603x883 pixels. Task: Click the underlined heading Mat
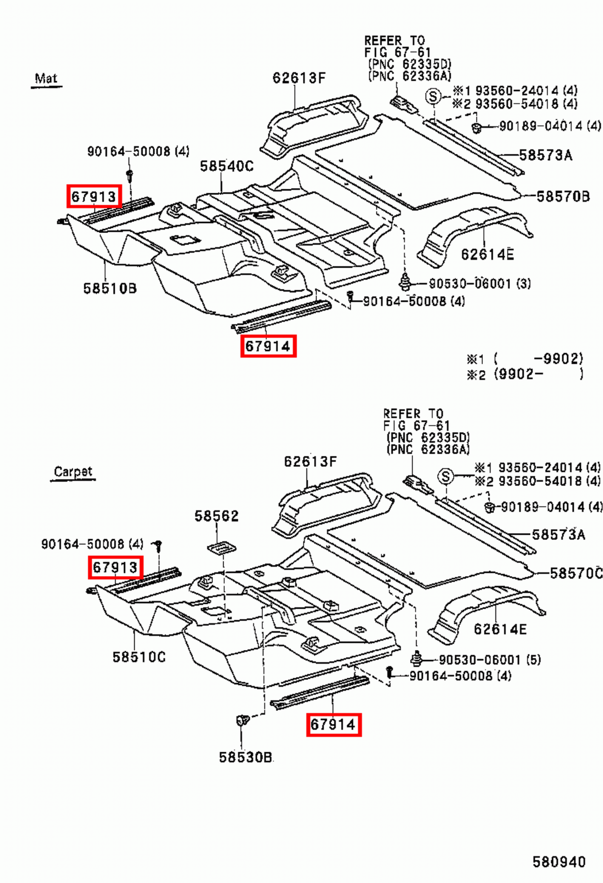[46, 78]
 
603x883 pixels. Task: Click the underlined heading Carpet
[73, 472]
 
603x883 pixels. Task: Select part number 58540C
[226, 166]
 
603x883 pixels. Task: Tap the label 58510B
[110, 288]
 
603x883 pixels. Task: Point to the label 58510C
[138, 657]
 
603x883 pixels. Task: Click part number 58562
[217, 516]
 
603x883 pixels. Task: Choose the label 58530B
[245, 757]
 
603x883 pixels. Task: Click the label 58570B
[562, 196]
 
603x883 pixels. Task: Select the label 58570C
[575, 573]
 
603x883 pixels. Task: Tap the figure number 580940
[558, 861]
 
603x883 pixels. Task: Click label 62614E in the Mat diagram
[487, 254]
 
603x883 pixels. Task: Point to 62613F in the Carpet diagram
[310, 461]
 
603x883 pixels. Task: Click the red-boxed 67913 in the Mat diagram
[94, 196]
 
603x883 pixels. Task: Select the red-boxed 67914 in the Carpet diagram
[333, 724]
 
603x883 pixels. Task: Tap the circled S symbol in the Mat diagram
[433, 97]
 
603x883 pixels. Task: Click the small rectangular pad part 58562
[221, 547]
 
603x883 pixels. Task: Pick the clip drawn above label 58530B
[242, 721]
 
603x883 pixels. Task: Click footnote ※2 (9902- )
[524, 375]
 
